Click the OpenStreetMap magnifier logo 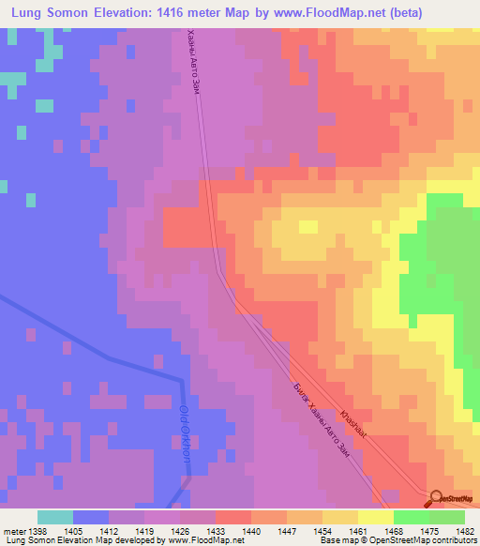435,498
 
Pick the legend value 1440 253,530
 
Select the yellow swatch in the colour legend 375,517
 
